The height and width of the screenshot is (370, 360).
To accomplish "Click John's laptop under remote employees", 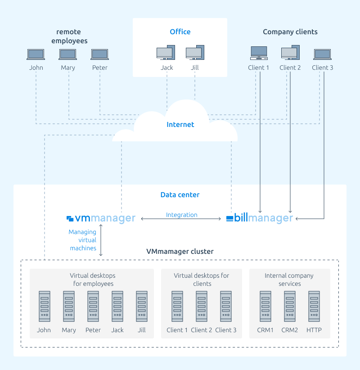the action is pyautogui.click(x=36, y=54).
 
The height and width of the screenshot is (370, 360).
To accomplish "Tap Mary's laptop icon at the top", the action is pyautogui.click(x=67, y=54).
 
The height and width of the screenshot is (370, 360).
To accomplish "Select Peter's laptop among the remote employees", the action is pyautogui.click(x=100, y=54).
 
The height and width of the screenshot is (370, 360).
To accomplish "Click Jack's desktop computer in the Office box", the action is pyautogui.click(x=166, y=52).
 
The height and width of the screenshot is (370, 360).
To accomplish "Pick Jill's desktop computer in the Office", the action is pyautogui.click(x=195, y=52).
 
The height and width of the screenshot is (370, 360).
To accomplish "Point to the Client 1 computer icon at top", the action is pyautogui.click(x=259, y=53).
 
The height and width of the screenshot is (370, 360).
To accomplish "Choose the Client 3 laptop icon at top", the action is pyautogui.click(x=323, y=54).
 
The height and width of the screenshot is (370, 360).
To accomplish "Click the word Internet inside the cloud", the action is pyautogui.click(x=180, y=124).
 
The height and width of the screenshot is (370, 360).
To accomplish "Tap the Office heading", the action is pyautogui.click(x=180, y=32).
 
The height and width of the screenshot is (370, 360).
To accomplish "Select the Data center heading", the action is pyautogui.click(x=180, y=194).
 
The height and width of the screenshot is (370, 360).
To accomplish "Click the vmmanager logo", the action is pyautogui.click(x=101, y=218).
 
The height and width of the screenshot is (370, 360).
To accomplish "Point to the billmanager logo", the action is pyautogui.click(x=260, y=217).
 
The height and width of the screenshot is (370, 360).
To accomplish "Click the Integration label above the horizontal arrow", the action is pyautogui.click(x=182, y=215).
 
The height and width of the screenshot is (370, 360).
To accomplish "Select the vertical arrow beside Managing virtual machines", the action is pyautogui.click(x=101, y=240).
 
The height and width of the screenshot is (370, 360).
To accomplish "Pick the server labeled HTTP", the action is pyautogui.click(x=314, y=306).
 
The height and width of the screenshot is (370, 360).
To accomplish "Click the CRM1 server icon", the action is pyautogui.click(x=265, y=306).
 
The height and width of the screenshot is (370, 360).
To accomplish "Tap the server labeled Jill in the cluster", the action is pyautogui.click(x=142, y=306).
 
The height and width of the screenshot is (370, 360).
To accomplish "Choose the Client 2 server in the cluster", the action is pyautogui.click(x=202, y=306).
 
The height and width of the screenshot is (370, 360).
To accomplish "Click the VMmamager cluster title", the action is pyautogui.click(x=180, y=251).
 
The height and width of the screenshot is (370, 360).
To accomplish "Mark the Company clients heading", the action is pyautogui.click(x=290, y=32).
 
